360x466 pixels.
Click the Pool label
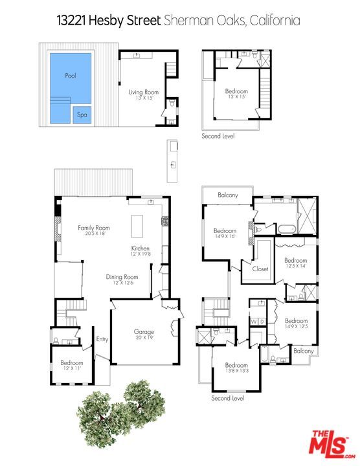71,76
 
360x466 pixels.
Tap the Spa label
82,115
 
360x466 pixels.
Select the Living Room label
144,93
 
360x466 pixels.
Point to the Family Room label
94,228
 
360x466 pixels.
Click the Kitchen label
141,249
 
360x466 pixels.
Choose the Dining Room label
122,277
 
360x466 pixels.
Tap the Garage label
144,331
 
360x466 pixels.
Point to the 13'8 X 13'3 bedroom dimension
237,371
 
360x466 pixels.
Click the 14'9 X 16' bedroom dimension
225,236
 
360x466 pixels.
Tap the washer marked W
254,321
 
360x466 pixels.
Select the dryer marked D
262,321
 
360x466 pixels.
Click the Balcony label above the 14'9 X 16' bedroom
228,195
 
